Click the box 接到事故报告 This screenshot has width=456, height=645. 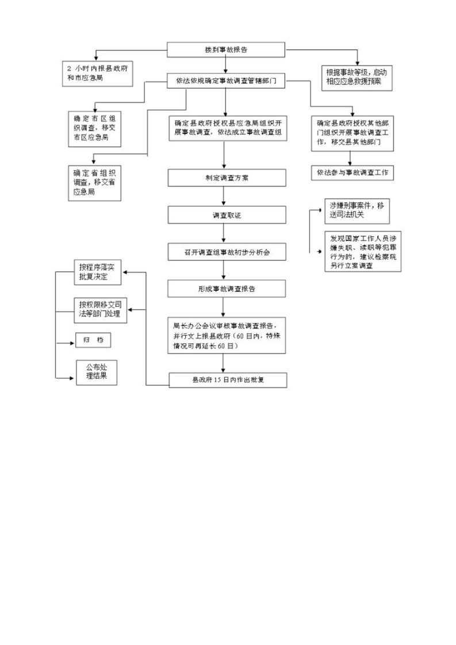click(227, 50)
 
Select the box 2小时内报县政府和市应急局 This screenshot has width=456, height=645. click(98, 73)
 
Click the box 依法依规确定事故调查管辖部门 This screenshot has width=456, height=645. click(227, 82)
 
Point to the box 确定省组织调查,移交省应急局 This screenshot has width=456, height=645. click(94, 183)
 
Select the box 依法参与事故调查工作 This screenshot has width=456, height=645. click(352, 172)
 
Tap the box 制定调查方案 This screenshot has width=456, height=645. click(227, 178)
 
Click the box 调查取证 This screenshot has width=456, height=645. click(227, 215)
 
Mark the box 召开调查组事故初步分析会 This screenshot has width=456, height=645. click(227, 252)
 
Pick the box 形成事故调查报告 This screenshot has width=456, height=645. click(227, 289)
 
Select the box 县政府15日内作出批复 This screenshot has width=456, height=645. click(227, 380)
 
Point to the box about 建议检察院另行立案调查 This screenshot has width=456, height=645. click(361, 252)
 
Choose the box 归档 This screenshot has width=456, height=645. click(93, 340)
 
